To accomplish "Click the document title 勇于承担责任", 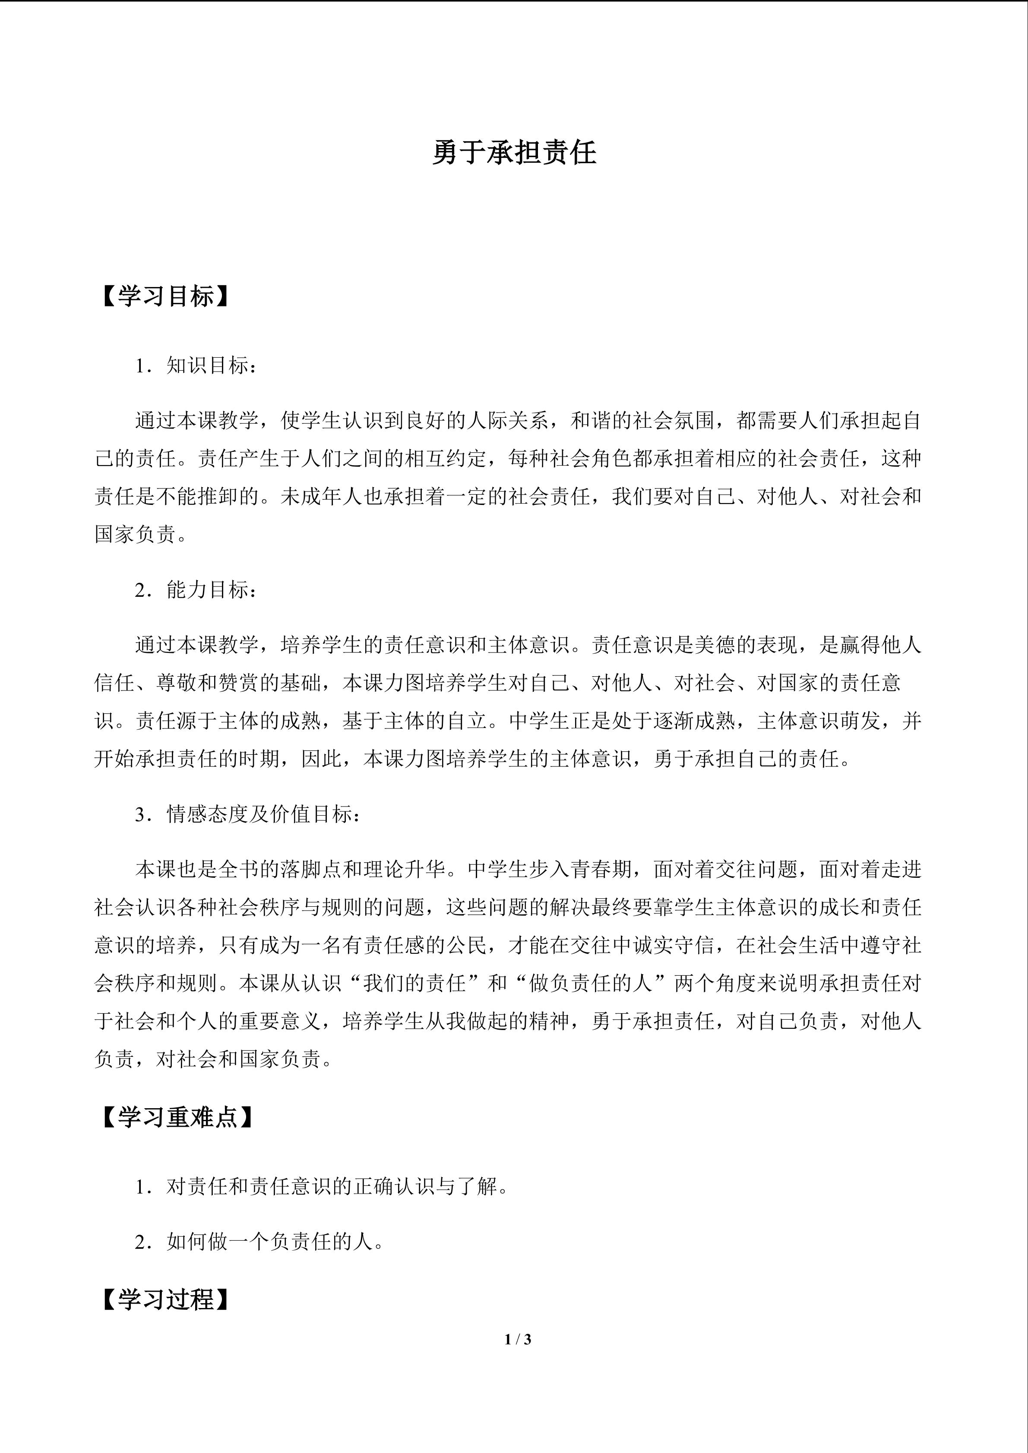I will coord(514,154).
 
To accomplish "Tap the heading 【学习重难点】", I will coord(178,1117).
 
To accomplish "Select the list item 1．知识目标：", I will coord(196,366).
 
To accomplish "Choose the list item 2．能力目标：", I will coord(196,590).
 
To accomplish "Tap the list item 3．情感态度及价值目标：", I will coord(248,814).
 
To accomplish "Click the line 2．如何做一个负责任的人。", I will coord(259,1242).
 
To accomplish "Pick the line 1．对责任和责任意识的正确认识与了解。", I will coord(322,1187).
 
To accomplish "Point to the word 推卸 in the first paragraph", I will coord(219,497).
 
